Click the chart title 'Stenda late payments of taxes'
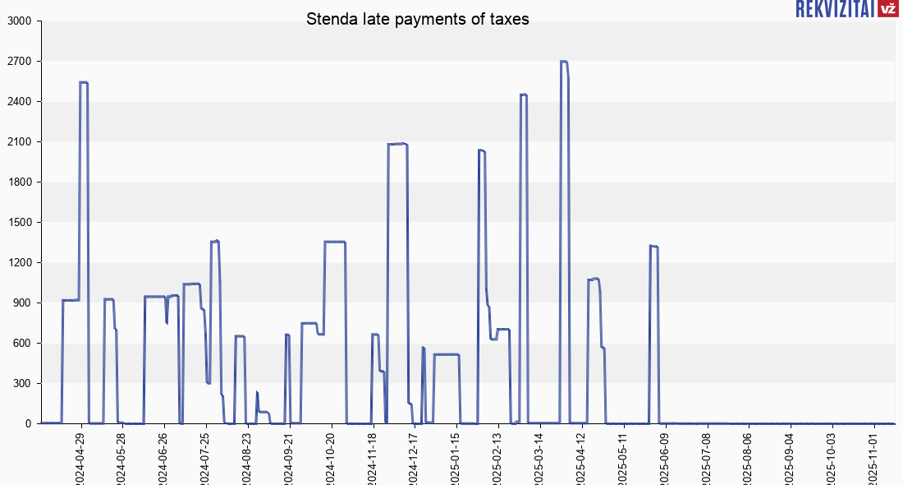tap(418, 19)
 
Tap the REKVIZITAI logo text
tap(834, 9)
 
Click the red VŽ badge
tap(887, 9)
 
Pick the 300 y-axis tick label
tap(21, 384)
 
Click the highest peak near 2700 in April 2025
tap(564, 62)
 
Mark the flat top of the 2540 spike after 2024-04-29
tap(84, 82)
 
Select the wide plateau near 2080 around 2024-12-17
tap(398, 144)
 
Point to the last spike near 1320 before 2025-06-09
tap(653, 246)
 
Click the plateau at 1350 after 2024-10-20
tap(335, 242)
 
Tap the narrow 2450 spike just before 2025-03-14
tap(524, 95)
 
